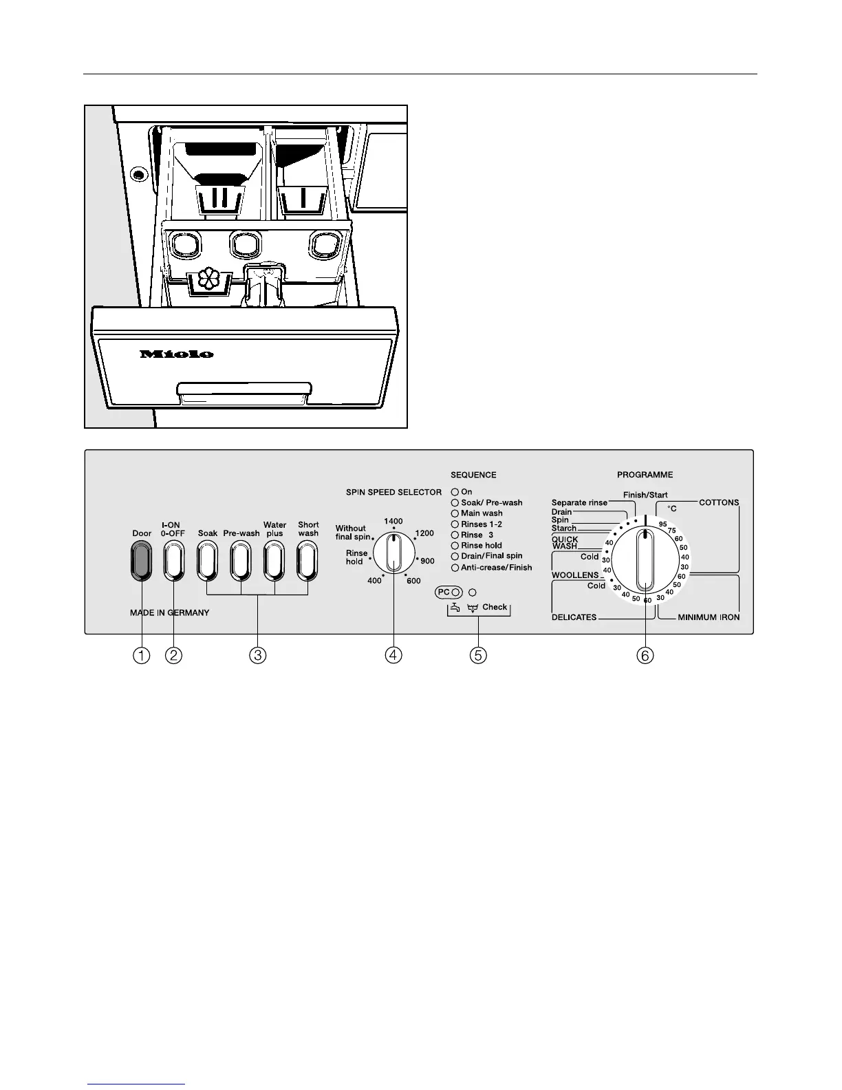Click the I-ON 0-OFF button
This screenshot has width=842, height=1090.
tap(173, 561)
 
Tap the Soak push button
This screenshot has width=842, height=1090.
tap(207, 561)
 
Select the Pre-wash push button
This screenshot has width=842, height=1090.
tap(241, 561)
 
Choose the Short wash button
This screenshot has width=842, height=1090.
tap(307, 561)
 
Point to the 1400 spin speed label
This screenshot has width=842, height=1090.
tap(393, 522)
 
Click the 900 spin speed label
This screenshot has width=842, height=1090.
tap(427, 561)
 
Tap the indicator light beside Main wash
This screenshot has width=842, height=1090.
tap(455, 513)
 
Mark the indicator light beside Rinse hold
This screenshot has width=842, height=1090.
tap(455, 546)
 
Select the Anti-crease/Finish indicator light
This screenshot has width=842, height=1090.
tap(455, 568)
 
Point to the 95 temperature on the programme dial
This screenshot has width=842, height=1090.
tap(662, 524)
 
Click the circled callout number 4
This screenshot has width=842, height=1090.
tap(393, 655)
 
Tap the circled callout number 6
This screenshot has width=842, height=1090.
tap(645, 655)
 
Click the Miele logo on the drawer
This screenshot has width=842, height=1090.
tap(177, 354)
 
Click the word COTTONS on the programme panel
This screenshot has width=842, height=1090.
tap(719, 502)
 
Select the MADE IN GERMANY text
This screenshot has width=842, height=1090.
tap(170, 612)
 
